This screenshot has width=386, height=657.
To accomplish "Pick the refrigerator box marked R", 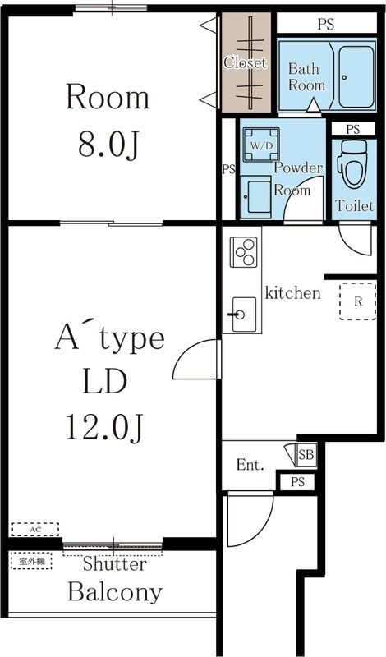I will point(357,301).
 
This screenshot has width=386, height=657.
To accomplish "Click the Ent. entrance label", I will point(250,466).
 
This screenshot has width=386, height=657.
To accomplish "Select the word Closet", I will point(246,62).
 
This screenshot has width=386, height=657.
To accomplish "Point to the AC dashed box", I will point(34,530).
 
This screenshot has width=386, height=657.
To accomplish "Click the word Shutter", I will point(114,565).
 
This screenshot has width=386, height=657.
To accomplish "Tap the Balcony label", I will point(114,592).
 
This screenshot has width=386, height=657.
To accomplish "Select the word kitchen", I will point(292,292).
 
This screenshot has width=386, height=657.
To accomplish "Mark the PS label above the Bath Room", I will point(326,24).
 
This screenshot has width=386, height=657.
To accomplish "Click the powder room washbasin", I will point(258,195).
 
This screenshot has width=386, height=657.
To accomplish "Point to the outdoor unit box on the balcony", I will point(31,561).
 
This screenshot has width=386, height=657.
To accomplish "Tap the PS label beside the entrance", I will point(296,482).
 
